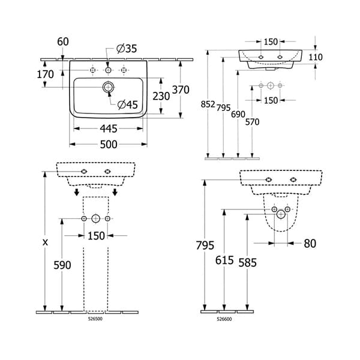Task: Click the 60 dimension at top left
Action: (64, 41)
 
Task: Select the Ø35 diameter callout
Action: (127, 49)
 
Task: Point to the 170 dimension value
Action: (45, 74)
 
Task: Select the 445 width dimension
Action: (108, 128)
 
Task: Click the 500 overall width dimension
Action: (108, 144)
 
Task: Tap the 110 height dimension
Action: (316, 57)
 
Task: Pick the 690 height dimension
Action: (239, 113)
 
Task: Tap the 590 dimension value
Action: (62, 265)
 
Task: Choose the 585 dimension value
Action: (248, 262)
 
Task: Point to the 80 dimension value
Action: (310, 243)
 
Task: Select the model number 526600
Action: (224, 319)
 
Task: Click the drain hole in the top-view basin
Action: (109, 88)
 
